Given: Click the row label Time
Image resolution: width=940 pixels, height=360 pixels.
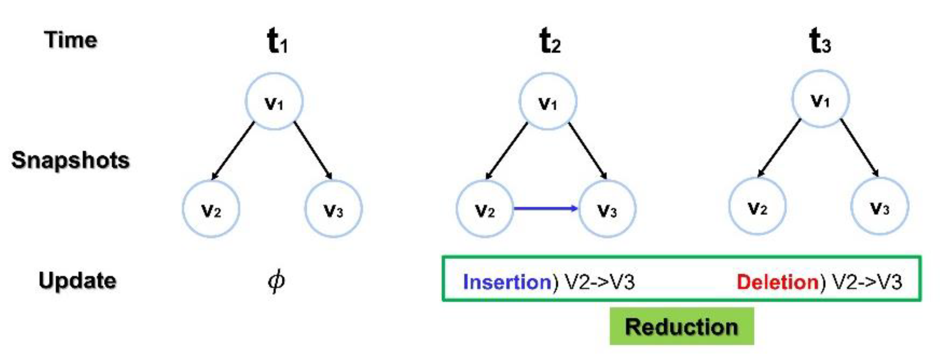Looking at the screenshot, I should [70, 40].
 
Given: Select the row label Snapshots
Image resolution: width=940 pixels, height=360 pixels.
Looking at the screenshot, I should [70, 160].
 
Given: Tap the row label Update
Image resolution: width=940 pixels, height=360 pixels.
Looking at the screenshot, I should [77, 281].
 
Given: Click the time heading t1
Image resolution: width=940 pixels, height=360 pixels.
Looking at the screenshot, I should [277, 41].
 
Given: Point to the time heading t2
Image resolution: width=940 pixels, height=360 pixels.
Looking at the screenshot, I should [550, 41].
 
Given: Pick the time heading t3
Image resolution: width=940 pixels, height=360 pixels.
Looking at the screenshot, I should [820, 41].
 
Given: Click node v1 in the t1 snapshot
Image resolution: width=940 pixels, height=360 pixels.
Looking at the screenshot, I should [274, 102].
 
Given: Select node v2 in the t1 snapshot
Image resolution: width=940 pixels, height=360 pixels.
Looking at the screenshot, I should [211, 209].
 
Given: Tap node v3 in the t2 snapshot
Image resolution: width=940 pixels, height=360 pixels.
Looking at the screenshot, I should [607, 209].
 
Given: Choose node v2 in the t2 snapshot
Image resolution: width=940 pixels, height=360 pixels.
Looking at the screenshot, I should [485, 209].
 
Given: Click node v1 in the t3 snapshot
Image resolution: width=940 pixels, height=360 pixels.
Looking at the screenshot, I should [820, 99].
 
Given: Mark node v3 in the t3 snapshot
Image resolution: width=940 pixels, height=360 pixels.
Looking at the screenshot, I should [880, 206].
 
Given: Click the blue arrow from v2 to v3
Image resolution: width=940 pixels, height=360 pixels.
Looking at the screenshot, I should [545, 208].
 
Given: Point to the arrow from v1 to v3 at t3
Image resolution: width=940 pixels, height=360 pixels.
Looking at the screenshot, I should [860, 147].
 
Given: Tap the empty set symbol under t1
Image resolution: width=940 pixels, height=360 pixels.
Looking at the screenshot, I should [276, 281].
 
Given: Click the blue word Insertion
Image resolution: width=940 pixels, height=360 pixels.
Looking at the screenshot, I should [507, 282].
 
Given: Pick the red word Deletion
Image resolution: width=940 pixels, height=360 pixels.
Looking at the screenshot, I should [777, 282].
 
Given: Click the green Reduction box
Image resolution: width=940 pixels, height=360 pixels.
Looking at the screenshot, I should [682, 326].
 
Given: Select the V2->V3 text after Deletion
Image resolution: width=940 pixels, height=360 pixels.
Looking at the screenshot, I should [867, 282].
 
